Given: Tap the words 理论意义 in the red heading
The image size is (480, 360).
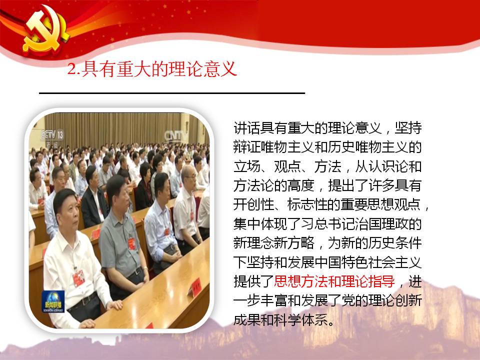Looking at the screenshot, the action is (203, 68).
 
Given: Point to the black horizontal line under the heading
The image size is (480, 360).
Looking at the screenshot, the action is (172, 93).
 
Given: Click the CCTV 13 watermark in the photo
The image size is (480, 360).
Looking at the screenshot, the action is (52, 134).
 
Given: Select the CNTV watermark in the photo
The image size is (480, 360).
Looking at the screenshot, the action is (176, 136).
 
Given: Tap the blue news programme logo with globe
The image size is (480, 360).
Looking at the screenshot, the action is (53, 301).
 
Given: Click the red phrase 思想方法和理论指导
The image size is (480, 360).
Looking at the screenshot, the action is (334, 281).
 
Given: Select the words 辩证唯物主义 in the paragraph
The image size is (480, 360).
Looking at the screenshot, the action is (273, 147).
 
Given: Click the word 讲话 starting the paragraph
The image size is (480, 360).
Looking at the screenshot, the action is (246, 128).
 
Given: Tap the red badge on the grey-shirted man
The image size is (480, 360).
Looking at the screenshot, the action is (132, 243).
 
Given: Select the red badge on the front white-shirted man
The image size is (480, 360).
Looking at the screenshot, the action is (78, 278).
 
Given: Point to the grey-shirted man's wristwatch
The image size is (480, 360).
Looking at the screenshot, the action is (144, 269).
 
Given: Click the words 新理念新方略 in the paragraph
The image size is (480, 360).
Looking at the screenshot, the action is (273, 243).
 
